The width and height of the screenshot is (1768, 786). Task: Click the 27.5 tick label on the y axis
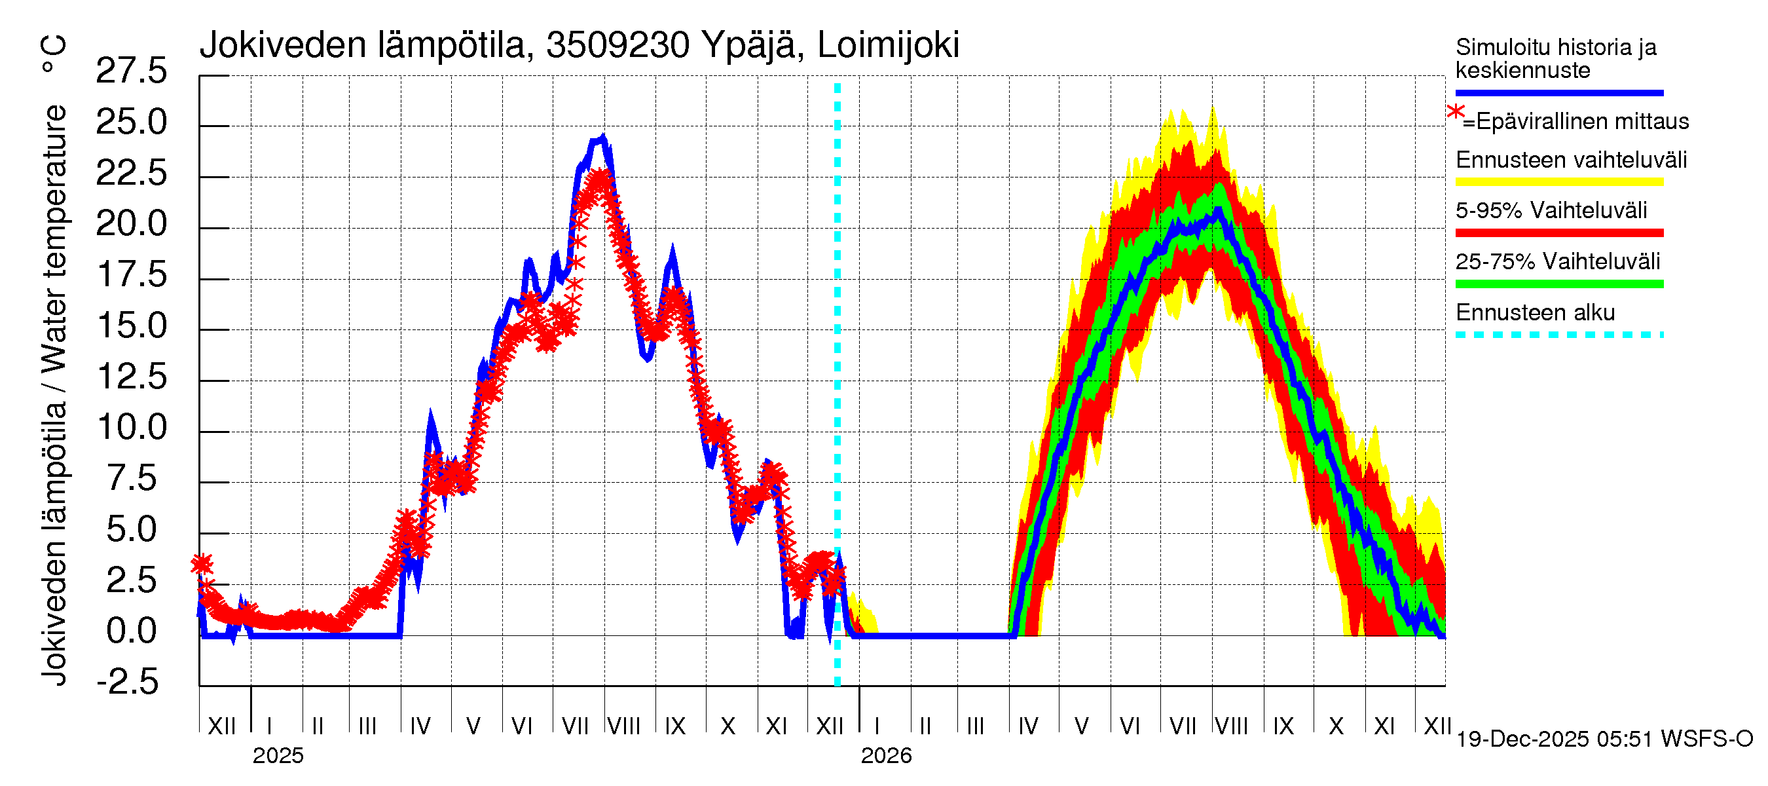click(x=131, y=71)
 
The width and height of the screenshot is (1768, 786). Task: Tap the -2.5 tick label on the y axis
click(x=128, y=683)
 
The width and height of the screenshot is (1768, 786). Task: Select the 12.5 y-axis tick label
click(x=131, y=377)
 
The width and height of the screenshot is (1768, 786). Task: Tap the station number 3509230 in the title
click(x=617, y=45)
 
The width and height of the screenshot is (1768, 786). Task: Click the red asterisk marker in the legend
click(x=1455, y=113)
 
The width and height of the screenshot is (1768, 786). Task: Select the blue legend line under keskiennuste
click(x=1558, y=92)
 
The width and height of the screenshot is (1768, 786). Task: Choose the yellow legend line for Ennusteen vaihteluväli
click(x=1558, y=183)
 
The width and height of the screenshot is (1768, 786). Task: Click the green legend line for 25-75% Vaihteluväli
click(x=1558, y=284)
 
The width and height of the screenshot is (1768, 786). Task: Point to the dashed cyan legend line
click(x=1558, y=335)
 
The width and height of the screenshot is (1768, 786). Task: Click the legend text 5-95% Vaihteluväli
click(x=1551, y=211)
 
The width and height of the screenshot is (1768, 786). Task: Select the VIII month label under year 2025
click(x=624, y=726)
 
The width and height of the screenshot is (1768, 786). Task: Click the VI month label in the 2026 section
click(x=1129, y=726)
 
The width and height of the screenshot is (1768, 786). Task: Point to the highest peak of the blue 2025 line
click(x=602, y=138)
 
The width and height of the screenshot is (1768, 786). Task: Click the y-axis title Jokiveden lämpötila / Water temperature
click(x=54, y=395)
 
